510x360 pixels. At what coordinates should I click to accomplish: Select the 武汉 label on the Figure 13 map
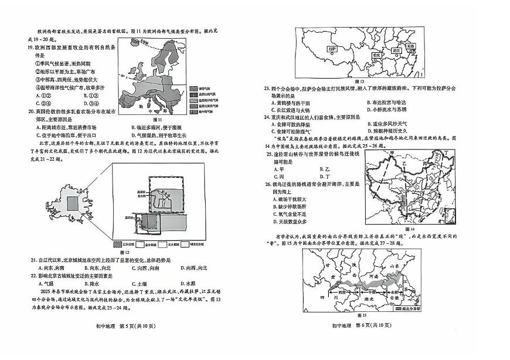[x=396, y=50]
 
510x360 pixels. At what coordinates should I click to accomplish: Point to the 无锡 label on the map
[x=409, y=45]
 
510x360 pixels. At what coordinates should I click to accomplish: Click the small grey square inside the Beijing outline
[x=72, y=203]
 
